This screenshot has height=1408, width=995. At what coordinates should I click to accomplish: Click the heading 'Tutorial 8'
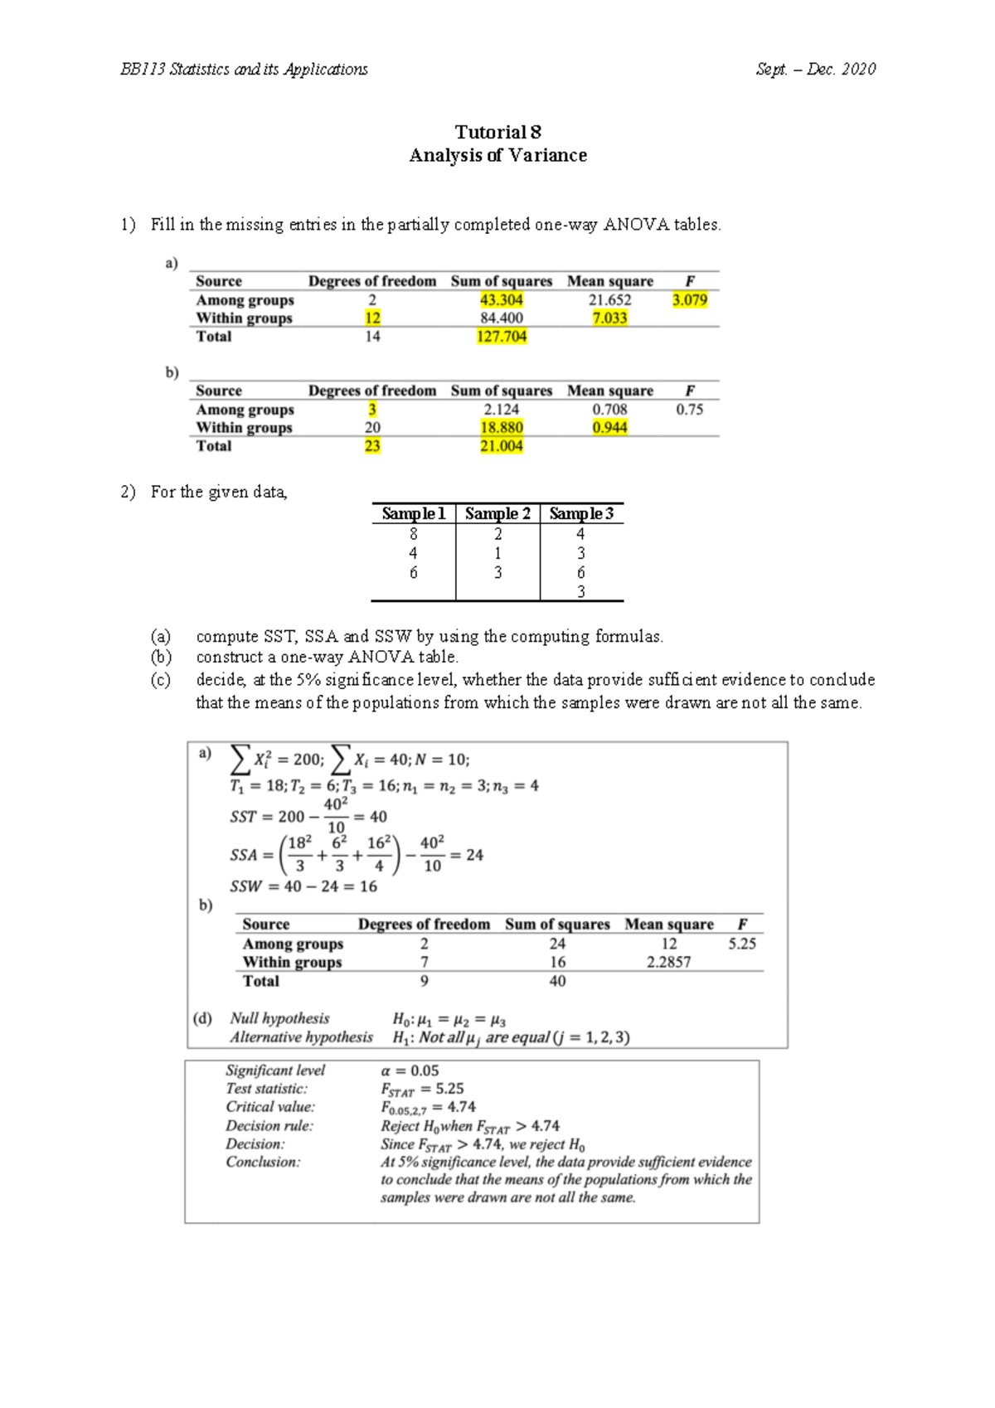[x=498, y=132]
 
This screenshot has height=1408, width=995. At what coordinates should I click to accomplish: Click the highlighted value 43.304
[x=501, y=300]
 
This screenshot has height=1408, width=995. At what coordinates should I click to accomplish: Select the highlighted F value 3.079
[x=690, y=300]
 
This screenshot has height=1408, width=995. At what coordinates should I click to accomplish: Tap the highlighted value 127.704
[x=501, y=337]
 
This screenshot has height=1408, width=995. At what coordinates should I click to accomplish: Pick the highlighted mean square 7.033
[x=609, y=318]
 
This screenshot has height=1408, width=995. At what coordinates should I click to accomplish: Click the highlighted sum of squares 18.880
[x=501, y=428]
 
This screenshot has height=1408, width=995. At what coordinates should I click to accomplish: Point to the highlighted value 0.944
[x=609, y=428]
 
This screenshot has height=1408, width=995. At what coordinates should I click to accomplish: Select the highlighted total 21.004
[x=501, y=446]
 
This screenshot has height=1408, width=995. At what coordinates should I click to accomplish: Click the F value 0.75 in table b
[x=690, y=410]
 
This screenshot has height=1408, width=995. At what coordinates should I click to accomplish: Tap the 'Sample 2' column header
[x=498, y=514]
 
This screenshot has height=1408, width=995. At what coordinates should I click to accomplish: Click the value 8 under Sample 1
[x=413, y=535]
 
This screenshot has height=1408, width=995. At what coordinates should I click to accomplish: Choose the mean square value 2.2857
[x=668, y=963]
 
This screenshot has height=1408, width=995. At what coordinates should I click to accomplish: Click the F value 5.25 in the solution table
[x=742, y=944]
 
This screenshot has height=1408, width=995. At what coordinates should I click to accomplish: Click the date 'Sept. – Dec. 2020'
[x=815, y=70]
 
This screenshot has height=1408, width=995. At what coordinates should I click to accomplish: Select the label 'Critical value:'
[x=270, y=1107]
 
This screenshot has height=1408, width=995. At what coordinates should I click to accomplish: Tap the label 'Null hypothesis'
[x=279, y=1018]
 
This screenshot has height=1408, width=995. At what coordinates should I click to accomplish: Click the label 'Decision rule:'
[x=269, y=1126]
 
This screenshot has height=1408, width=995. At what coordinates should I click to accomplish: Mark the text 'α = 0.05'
[x=410, y=1071]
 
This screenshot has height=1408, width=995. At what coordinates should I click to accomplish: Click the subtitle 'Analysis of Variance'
[x=498, y=156]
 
